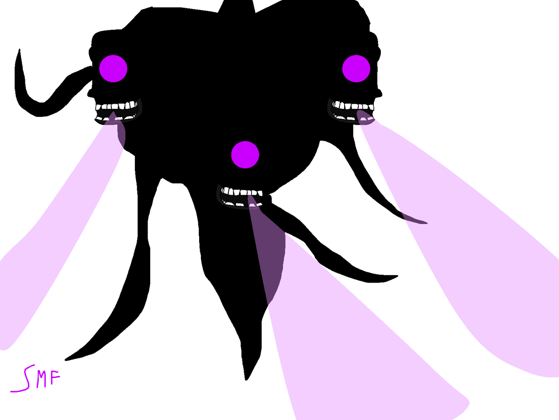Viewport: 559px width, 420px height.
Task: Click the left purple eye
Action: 113,69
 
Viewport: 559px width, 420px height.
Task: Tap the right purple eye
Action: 356,69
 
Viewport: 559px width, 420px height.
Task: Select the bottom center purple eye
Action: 245,154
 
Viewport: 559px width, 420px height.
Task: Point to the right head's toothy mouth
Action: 353,112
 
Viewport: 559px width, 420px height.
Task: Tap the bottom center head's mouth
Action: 242,196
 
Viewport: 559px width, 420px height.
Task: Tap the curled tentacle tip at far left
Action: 19,50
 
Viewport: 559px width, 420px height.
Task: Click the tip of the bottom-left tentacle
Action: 66,360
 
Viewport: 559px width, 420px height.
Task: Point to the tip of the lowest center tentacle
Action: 246,380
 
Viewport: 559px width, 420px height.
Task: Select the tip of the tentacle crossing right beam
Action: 427,223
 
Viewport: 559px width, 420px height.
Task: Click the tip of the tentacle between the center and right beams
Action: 397,276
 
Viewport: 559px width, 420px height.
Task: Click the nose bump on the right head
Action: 380,93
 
